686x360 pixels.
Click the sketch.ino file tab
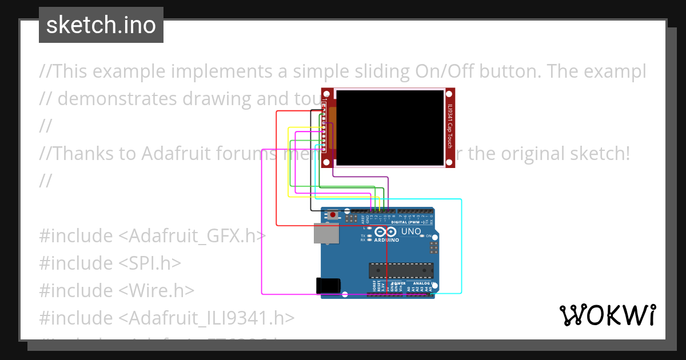pyautogui.click(x=101, y=25)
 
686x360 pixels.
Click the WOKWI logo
pyautogui.click(x=607, y=315)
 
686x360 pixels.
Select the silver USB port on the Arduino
pyautogui.click(x=326, y=233)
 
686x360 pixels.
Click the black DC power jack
pyautogui.click(x=328, y=286)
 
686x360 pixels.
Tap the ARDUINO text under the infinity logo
pyautogui.click(x=387, y=240)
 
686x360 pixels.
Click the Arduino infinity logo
pyautogui.click(x=386, y=232)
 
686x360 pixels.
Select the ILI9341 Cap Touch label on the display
pyautogui.click(x=450, y=127)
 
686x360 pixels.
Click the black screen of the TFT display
pyautogui.click(x=390, y=127)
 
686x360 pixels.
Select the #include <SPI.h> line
pyautogui.click(x=110, y=263)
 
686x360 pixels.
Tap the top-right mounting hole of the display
pyautogui.click(x=449, y=93)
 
